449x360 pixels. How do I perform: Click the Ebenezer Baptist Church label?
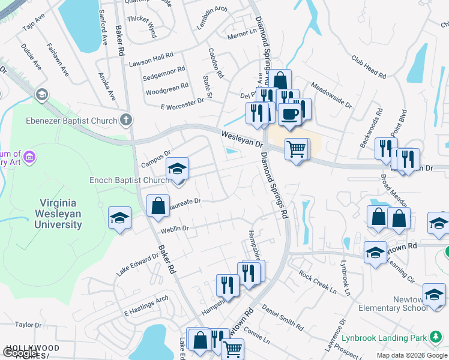pyautogui.click(x=71, y=121)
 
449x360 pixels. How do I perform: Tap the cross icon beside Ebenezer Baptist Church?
pyautogui.click(x=125, y=120)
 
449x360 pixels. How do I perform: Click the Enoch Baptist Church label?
pyautogui.click(x=130, y=180)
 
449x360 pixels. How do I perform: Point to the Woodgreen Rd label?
pyautogui.click(x=167, y=90)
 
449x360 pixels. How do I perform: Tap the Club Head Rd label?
pyautogui.click(x=369, y=67)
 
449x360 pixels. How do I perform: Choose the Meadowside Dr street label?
pyautogui.click(x=331, y=94)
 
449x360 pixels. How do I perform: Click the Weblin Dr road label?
pyautogui.click(x=174, y=229)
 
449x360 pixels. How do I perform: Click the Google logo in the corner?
pyautogui.click(x=21, y=354)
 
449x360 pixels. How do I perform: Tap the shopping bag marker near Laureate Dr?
pyautogui.click(x=157, y=206)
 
